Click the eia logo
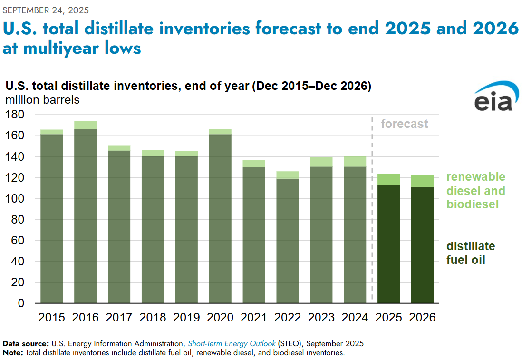click(x=496, y=96)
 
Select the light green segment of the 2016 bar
click(x=85, y=125)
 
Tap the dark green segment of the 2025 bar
click(x=388, y=244)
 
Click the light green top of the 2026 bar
click(x=422, y=181)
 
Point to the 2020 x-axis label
click(x=220, y=317)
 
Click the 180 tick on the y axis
click(x=15, y=115)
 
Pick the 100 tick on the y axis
click(x=15, y=198)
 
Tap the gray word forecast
click(x=405, y=124)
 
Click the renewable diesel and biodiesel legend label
click(x=476, y=191)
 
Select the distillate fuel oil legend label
click(x=471, y=253)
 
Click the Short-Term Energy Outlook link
click(x=232, y=344)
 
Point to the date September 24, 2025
click(x=46, y=10)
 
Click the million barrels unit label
click(x=43, y=100)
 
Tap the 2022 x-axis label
click(x=288, y=317)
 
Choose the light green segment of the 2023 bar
click(x=321, y=162)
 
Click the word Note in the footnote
click(x=12, y=353)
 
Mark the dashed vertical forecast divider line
click(x=372, y=210)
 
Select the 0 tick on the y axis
click(x=21, y=303)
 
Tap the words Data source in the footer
click(x=26, y=344)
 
